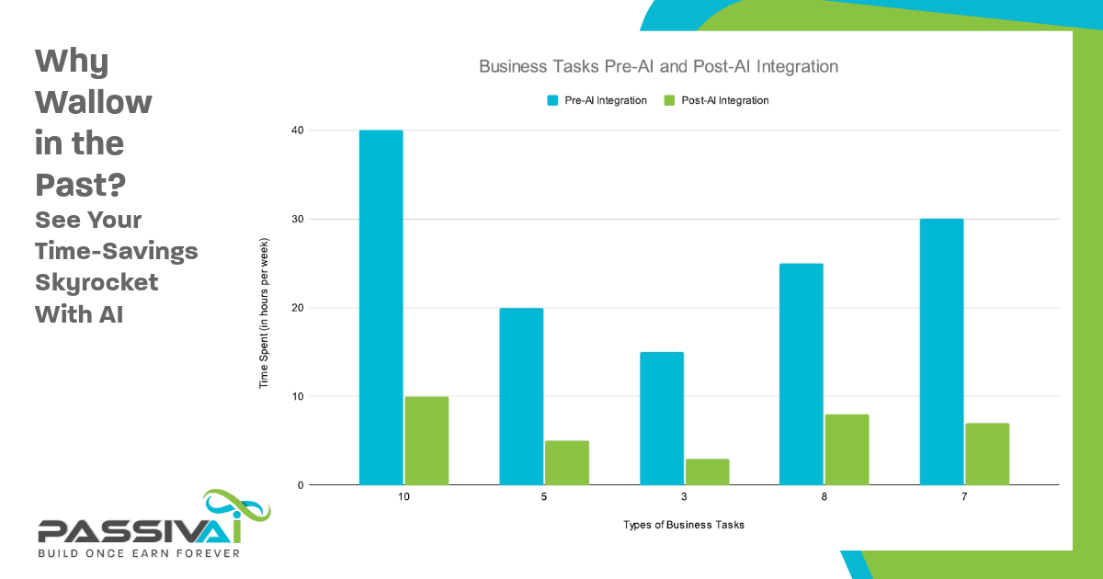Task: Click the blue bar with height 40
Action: point(381,307)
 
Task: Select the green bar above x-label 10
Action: point(426,440)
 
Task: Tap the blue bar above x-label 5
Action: point(521,396)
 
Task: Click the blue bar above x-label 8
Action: point(801,374)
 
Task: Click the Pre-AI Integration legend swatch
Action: point(553,100)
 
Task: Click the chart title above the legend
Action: point(658,67)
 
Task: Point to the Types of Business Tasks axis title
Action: point(684,525)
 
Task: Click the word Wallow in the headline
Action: point(93,102)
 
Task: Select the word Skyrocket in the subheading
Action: point(97,282)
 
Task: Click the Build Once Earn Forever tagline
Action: point(138,553)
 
